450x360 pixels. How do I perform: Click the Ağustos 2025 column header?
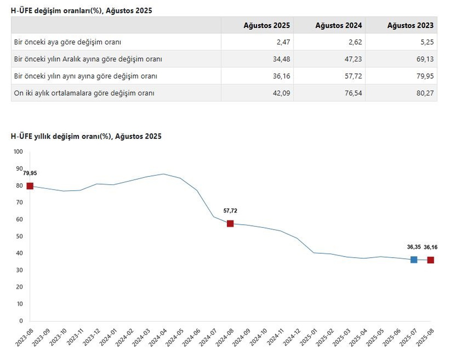click(267, 26)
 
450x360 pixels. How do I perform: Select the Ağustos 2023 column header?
click(410, 26)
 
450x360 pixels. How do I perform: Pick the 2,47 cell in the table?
click(283, 42)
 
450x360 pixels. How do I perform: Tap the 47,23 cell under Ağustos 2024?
click(353, 59)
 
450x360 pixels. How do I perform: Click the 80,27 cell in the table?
click(425, 93)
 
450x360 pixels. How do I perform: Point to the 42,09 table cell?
click(282, 93)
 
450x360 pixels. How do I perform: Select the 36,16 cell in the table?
click(282, 76)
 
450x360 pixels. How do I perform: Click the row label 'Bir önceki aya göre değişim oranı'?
click(67, 42)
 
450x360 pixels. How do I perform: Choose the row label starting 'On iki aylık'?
click(84, 93)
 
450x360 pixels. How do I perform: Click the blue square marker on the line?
click(414, 260)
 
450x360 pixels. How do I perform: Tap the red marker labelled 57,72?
click(230, 223)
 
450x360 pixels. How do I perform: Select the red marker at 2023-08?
click(30, 186)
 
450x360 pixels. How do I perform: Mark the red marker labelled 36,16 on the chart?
click(430, 260)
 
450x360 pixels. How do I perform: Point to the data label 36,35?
click(414, 247)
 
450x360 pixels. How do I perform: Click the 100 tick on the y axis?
click(18, 152)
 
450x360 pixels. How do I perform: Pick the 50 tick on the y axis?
click(19, 236)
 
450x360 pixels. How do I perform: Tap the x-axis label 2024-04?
click(158, 337)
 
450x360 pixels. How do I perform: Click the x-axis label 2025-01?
click(309, 337)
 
